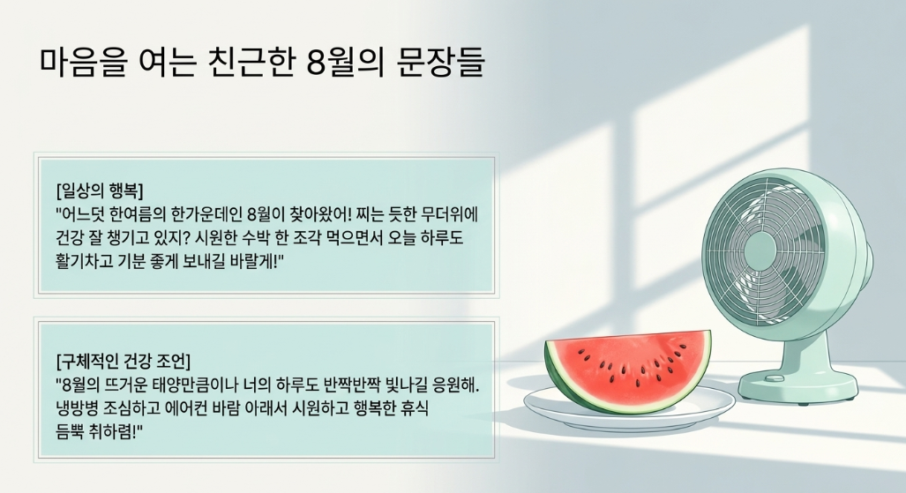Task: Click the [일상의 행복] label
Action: (100, 190)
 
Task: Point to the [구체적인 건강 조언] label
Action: (124, 362)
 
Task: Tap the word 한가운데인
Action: (206, 213)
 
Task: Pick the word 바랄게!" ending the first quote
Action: (258, 261)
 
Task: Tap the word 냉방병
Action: (76, 408)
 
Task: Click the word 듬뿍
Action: (70, 432)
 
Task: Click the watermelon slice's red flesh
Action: (635, 364)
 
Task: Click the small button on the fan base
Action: (775, 378)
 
